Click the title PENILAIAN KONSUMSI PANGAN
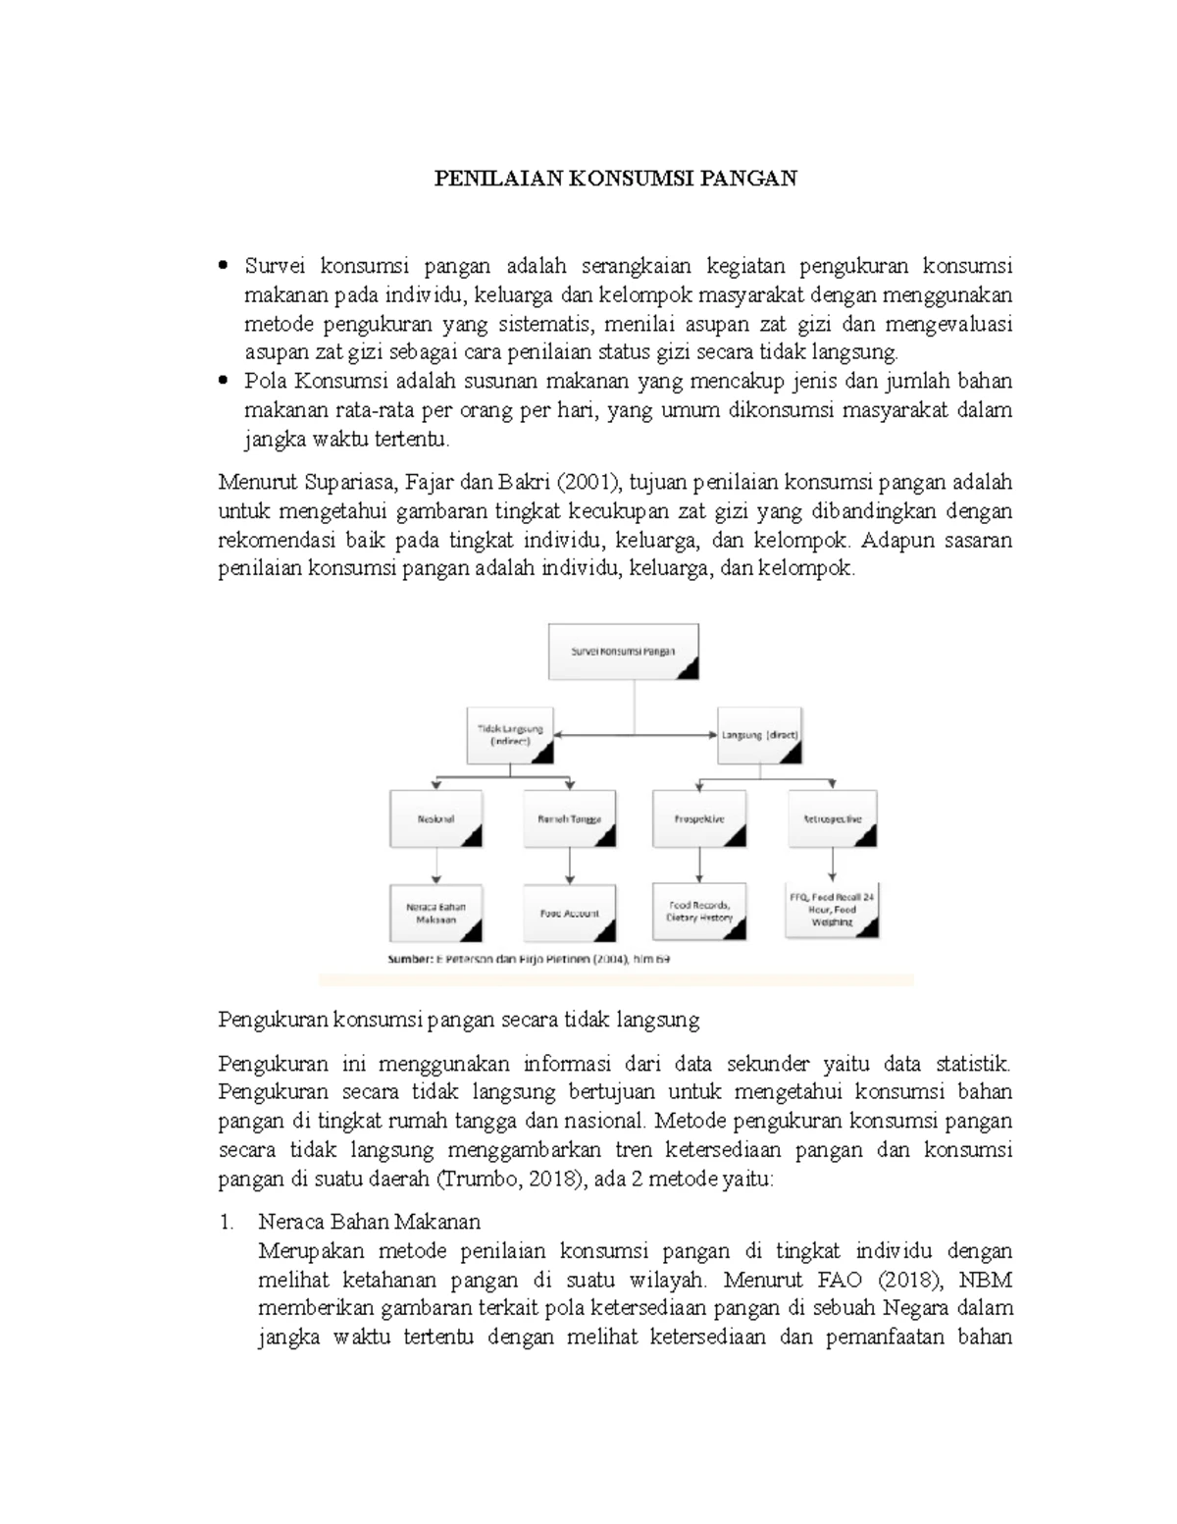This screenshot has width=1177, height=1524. click(x=616, y=179)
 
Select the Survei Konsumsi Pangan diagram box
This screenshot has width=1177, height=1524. click(x=623, y=651)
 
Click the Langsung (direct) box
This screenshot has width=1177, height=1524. click(x=760, y=735)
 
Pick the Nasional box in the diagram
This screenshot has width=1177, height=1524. click(x=435, y=818)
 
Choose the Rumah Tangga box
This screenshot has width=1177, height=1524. click(x=570, y=818)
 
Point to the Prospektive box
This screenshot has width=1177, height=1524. click(x=699, y=818)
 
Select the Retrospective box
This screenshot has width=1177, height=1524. click(x=832, y=818)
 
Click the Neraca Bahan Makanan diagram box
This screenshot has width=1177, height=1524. click(x=436, y=914)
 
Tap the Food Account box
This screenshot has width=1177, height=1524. click(x=570, y=914)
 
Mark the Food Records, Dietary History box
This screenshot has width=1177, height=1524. click(x=700, y=911)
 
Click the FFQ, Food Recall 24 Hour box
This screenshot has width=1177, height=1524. click(x=832, y=909)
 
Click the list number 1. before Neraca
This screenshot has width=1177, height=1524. click(x=228, y=1222)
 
